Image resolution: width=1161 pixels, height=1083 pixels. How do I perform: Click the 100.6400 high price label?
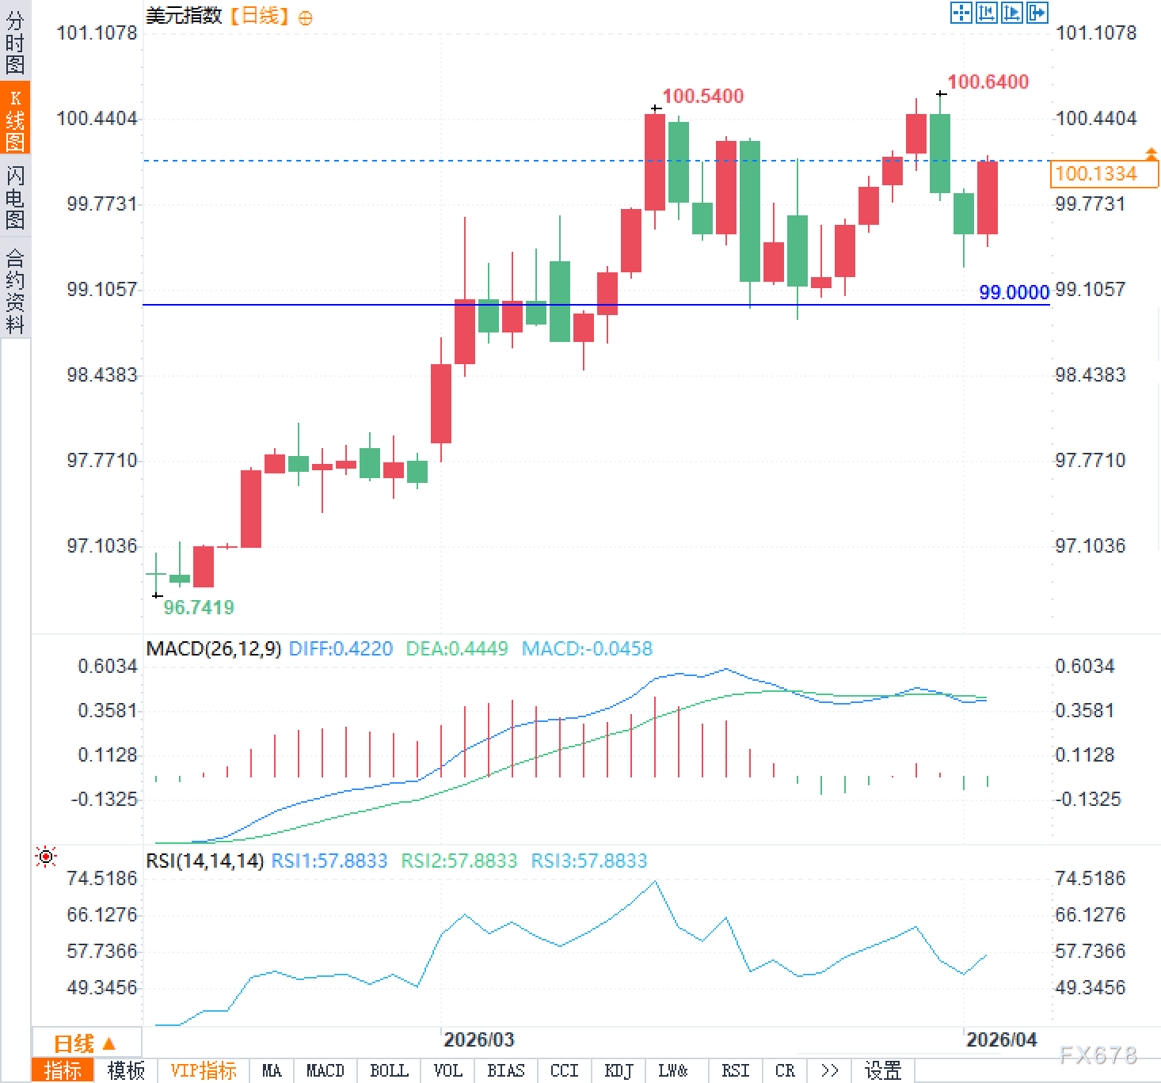[988, 82]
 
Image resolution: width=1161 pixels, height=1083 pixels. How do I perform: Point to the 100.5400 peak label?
[702, 97]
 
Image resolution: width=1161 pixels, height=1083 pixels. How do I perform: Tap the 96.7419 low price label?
[199, 607]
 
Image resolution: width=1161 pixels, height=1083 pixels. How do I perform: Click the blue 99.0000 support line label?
[1014, 292]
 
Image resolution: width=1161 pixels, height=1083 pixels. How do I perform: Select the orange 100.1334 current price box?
[1103, 173]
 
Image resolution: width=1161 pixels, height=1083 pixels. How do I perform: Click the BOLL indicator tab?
[389, 1071]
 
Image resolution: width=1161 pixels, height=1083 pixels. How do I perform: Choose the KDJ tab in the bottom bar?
[619, 1071]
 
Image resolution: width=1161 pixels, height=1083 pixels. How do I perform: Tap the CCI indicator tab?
[564, 1071]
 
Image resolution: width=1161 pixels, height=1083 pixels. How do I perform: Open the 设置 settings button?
[882, 1071]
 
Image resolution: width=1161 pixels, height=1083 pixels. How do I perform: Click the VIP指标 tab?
[203, 1071]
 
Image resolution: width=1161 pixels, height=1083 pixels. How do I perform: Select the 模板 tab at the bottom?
[126, 1071]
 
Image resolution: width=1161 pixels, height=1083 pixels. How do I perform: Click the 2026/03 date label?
[478, 1039]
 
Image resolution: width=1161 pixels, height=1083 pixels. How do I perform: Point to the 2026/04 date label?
[1001, 1039]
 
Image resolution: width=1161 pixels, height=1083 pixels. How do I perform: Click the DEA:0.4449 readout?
[456, 649]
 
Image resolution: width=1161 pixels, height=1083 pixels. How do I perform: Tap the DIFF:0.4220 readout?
[341, 649]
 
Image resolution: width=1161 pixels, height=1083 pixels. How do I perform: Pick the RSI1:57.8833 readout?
[329, 861]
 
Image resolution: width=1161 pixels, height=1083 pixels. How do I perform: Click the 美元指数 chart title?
[184, 15]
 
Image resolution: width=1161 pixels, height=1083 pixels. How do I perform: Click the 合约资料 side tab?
[15, 291]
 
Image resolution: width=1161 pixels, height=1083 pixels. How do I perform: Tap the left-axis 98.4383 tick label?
[101, 374]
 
